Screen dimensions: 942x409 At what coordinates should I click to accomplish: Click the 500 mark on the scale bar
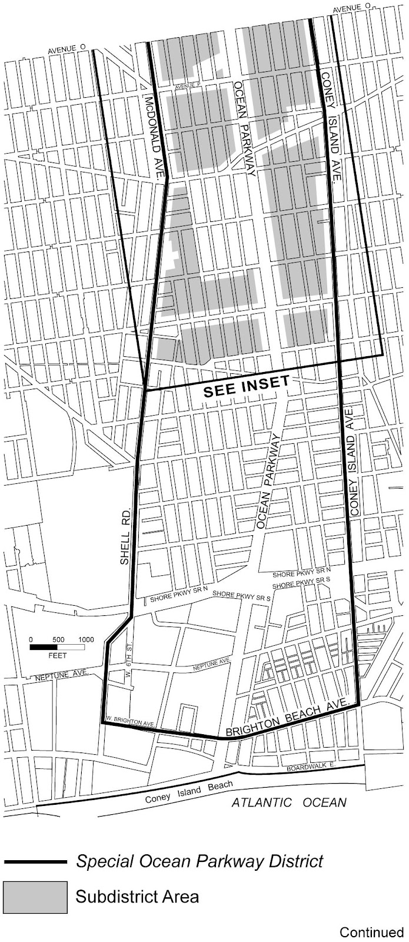58,639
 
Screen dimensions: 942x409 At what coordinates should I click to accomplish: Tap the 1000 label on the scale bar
86,639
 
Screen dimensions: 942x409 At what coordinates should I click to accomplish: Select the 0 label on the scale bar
32,639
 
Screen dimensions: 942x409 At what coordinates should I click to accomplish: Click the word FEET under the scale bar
58,655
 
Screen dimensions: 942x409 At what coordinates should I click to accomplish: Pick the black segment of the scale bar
44,647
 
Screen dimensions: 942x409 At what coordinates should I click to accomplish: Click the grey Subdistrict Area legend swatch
35,897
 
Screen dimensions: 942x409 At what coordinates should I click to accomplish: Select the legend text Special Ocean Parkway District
199,862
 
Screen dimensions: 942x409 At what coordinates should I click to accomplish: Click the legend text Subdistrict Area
137,897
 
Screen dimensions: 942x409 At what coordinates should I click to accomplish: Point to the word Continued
371,932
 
